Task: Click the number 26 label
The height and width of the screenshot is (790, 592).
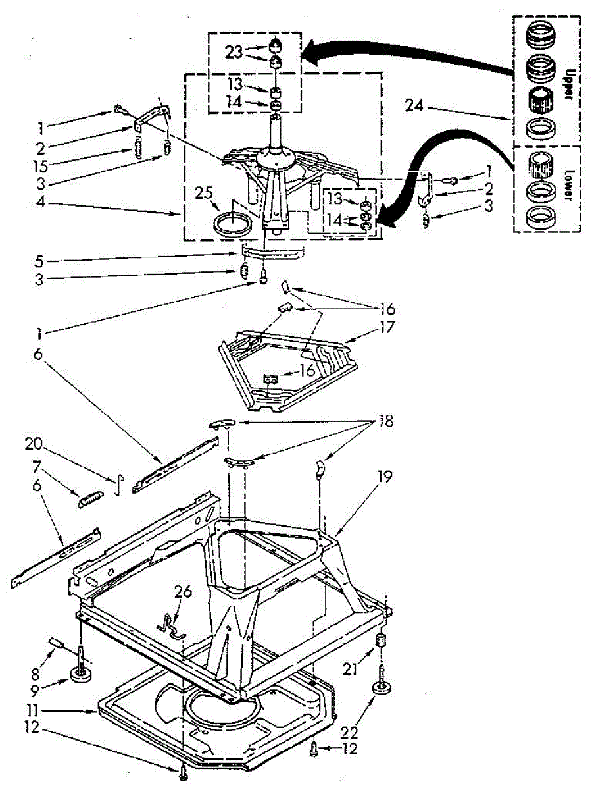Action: (183, 592)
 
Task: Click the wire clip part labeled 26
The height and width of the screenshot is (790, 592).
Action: (171, 623)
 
